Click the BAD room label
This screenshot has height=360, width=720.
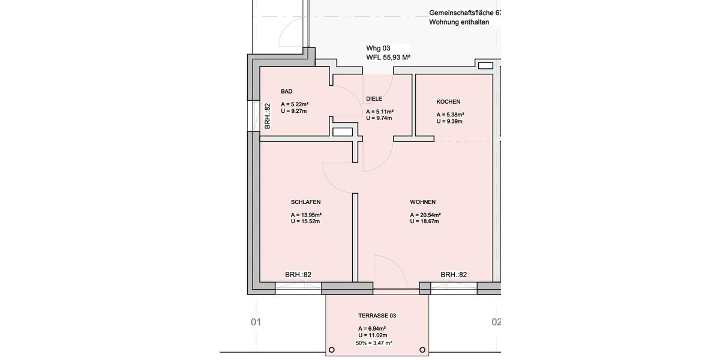(x=287, y=91)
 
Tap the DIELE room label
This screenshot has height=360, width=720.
(x=374, y=99)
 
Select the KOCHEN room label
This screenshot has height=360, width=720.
(x=448, y=102)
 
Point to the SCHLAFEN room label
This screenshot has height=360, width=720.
(x=305, y=202)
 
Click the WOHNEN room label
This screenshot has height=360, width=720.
(x=423, y=202)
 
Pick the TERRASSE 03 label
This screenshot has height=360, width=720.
(x=377, y=316)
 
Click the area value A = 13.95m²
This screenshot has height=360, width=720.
(x=306, y=215)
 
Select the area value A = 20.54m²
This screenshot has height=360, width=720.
(x=425, y=215)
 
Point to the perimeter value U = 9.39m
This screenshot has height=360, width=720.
(x=449, y=121)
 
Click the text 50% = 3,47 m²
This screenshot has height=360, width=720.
(x=374, y=343)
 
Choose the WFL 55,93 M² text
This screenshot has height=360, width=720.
(x=388, y=58)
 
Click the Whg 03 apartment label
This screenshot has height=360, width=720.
(x=379, y=47)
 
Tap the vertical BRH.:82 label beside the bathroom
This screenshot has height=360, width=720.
(x=268, y=116)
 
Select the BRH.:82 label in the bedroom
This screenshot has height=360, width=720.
(x=298, y=275)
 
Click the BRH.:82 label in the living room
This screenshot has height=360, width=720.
(x=454, y=275)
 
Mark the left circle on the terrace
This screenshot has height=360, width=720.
(x=332, y=350)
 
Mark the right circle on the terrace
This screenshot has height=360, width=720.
(x=422, y=350)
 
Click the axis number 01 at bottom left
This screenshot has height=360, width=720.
(x=256, y=322)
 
